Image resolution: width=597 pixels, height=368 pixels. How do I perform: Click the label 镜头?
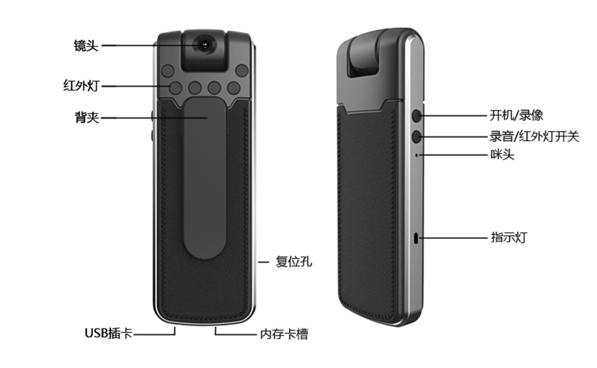coord(86,46)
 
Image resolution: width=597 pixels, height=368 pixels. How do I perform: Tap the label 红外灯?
coord(82,85)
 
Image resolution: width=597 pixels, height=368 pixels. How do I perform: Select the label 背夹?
coord(86,118)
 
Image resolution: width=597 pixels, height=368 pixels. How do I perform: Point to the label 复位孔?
coord(294,262)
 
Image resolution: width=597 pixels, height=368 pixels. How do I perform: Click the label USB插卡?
coord(108,334)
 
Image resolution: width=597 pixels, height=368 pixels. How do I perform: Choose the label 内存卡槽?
coord(284,334)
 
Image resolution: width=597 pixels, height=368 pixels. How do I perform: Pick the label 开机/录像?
coord(516,116)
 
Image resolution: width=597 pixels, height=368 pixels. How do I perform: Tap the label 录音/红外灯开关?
coord(534,137)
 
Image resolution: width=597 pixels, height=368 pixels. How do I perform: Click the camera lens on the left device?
coord(205,45)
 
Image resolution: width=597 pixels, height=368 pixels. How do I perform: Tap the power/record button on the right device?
coord(416,116)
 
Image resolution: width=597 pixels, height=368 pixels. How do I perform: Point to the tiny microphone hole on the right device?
coord(416,155)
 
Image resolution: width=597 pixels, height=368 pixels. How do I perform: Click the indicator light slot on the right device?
coord(416,238)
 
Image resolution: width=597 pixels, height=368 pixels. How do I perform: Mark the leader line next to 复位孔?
coord(263,262)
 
